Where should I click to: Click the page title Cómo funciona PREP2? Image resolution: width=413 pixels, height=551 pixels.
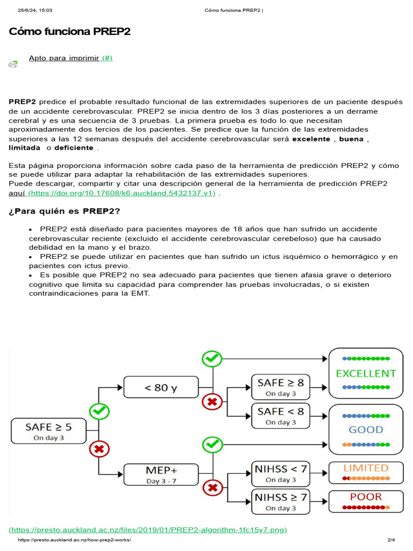(x=69, y=32)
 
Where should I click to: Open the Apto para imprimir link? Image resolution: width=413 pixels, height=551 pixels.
(x=70, y=58)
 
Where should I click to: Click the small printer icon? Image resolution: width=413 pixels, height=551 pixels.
(x=13, y=65)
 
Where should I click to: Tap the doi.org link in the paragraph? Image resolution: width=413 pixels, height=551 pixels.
(x=122, y=193)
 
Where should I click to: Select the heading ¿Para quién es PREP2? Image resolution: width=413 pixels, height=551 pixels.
(x=64, y=210)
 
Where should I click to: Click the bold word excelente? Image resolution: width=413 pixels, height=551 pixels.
(x=311, y=138)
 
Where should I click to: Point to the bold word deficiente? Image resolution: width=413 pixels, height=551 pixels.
(x=74, y=147)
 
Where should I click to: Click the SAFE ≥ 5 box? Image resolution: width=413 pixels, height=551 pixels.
(x=48, y=431)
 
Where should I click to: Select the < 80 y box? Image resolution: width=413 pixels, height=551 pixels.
(x=161, y=387)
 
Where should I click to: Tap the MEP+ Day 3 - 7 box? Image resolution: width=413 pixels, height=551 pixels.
(x=161, y=475)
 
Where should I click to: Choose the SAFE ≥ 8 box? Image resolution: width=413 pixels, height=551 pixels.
(x=280, y=387)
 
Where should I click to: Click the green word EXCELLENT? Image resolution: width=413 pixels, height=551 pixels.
(x=366, y=373)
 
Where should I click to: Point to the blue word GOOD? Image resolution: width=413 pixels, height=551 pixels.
(x=366, y=429)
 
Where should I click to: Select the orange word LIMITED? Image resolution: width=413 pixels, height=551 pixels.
(x=366, y=468)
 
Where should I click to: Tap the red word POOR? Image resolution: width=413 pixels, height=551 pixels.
(x=366, y=497)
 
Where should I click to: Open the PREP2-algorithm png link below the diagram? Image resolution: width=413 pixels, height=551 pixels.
(x=148, y=529)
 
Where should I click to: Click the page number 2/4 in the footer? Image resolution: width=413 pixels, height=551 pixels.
(x=391, y=540)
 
